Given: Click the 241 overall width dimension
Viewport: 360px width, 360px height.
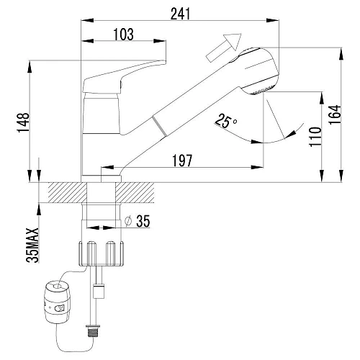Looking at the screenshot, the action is tap(180, 14).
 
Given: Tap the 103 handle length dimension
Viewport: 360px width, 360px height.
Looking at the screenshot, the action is tap(124, 35).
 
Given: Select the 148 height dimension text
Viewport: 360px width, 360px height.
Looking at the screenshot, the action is tap(23, 122).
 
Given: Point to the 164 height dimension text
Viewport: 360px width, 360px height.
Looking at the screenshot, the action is tap(335, 114).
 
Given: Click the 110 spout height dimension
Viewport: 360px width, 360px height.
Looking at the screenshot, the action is tap(315, 137).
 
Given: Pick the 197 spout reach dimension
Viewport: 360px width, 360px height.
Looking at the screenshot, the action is tap(182, 161).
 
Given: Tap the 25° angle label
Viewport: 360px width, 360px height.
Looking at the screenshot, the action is tap(225, 121).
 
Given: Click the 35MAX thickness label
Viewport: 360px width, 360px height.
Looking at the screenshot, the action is tap(32, 246).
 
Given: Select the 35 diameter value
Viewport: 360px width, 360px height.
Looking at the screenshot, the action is tap(143, 221).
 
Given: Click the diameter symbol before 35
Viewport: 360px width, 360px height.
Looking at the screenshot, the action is tap(128, 220).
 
